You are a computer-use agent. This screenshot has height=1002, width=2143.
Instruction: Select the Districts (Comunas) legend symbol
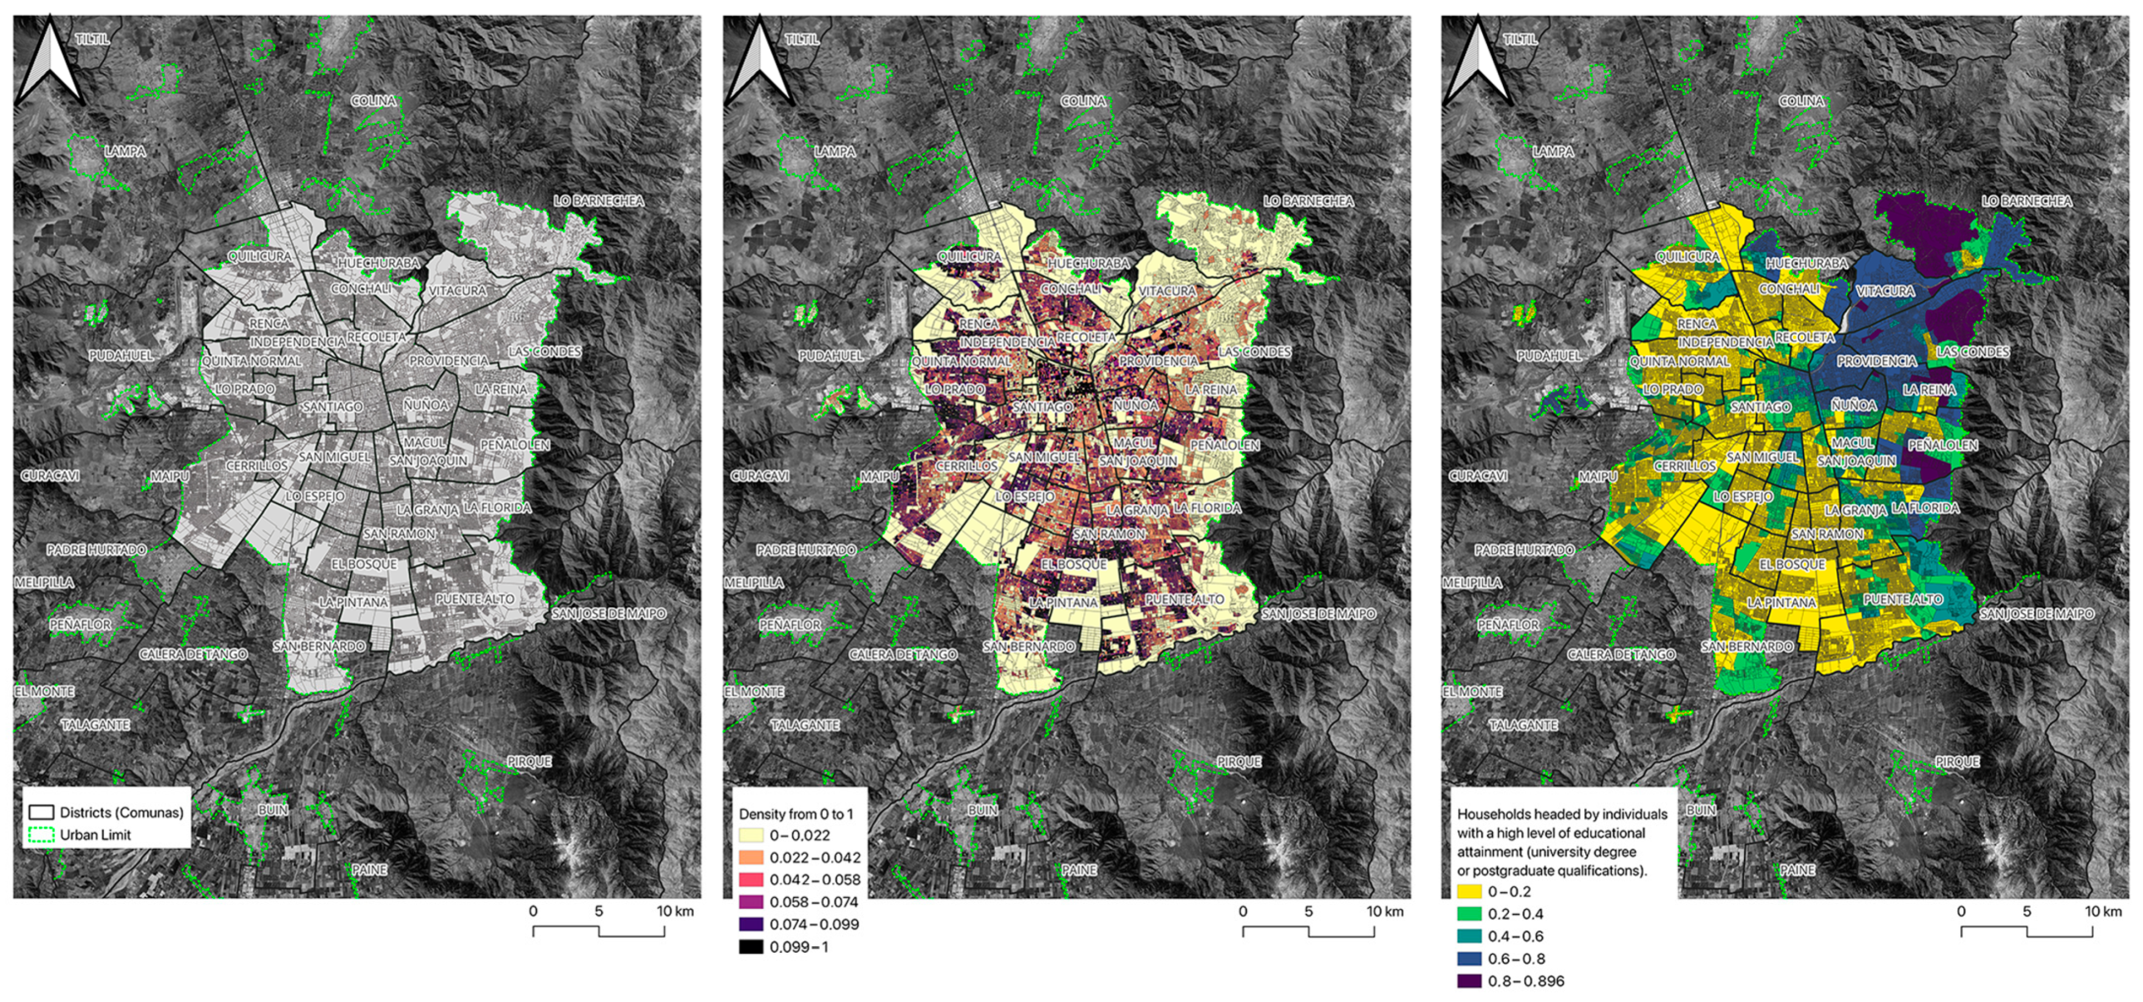(41, 812)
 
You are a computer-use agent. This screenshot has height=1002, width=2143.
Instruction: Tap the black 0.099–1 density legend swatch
(750, 946)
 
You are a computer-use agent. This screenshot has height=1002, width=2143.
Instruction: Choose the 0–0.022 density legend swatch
(750, 836)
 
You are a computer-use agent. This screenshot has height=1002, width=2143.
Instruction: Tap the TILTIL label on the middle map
(802, 39)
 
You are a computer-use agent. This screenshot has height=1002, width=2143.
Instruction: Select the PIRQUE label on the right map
(1957, 761)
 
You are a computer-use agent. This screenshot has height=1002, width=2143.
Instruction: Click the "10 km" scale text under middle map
(1385, 911)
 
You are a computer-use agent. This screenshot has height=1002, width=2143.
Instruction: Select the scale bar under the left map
(598, 930)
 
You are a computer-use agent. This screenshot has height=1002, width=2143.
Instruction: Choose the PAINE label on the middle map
(1079, 870)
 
